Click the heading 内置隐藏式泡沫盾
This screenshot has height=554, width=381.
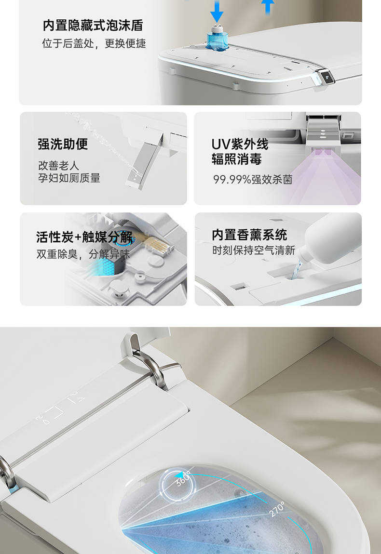93,26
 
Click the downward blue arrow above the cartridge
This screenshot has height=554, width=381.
217,11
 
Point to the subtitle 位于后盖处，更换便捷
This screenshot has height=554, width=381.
94,43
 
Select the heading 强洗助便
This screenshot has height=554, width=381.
63,144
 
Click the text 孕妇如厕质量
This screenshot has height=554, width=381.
69,178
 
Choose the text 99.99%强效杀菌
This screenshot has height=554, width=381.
253,180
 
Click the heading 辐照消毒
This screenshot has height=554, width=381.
236,159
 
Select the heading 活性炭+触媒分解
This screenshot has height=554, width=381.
84,237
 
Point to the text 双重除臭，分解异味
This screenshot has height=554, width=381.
83,254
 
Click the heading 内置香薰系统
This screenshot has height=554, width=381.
249,235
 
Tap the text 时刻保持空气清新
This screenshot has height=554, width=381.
254,250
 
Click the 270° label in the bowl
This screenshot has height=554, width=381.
277,509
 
